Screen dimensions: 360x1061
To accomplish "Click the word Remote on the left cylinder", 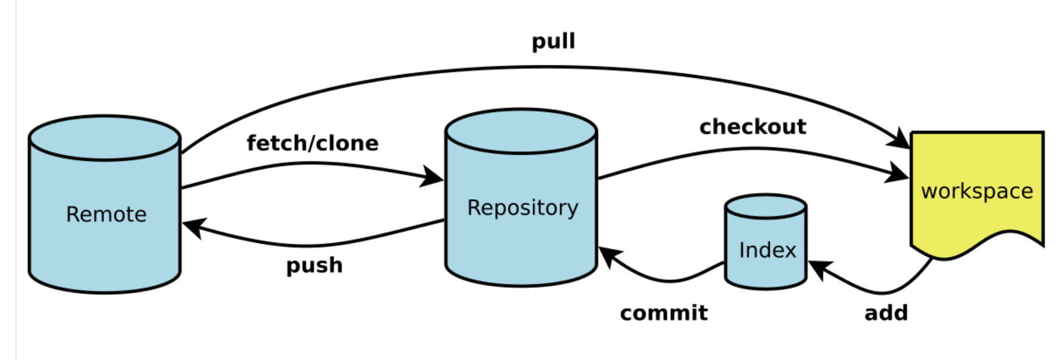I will [x=106, y=215].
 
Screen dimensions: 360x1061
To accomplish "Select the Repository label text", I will [x=523, y=208].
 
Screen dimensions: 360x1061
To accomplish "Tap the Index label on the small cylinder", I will [x=767, y=250].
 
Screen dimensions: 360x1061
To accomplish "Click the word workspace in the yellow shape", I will [x=977, y=191].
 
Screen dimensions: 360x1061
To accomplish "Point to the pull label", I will [x=553, y=41].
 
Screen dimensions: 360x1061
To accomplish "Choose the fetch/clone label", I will [x=312, y=143].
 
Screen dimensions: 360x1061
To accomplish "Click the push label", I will [x=314, y=265].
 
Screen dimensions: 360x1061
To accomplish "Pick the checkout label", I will [x=753, y=127].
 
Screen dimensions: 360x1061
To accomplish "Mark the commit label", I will [x=664, y=313].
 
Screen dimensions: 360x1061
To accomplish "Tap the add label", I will [x=886, y=313].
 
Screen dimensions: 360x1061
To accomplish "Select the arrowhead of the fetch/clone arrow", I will [x=433, y=177].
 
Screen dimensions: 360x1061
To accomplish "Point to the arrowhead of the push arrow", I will [x=194, y=227].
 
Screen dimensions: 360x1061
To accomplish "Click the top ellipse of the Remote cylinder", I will [x=105, y=138].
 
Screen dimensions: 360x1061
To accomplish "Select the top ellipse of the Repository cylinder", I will [x=521, y=131].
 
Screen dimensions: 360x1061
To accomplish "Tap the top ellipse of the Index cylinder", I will [x=766, y=206].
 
